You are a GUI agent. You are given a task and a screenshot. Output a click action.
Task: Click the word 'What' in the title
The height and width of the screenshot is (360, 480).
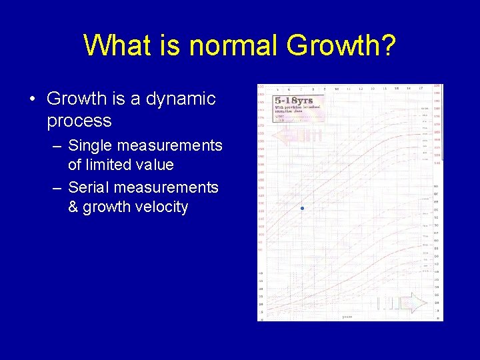(115, 46)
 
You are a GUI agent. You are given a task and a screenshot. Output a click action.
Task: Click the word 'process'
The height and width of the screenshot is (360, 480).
(79, 121)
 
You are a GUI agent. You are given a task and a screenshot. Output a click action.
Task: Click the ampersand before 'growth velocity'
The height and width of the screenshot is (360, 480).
(73, 207)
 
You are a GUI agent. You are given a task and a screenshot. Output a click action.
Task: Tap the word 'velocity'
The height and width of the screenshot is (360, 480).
(162, 207)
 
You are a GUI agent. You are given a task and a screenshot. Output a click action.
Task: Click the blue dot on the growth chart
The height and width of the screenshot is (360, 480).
(302, 209)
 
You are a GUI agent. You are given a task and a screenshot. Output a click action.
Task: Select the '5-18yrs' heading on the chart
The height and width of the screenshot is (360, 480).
(294, 101)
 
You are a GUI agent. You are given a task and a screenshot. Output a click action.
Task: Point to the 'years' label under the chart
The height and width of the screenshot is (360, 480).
(347, 317)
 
